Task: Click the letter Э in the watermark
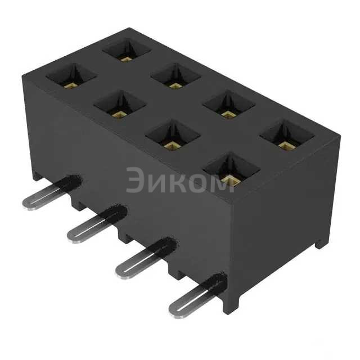[x=137, y=180]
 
